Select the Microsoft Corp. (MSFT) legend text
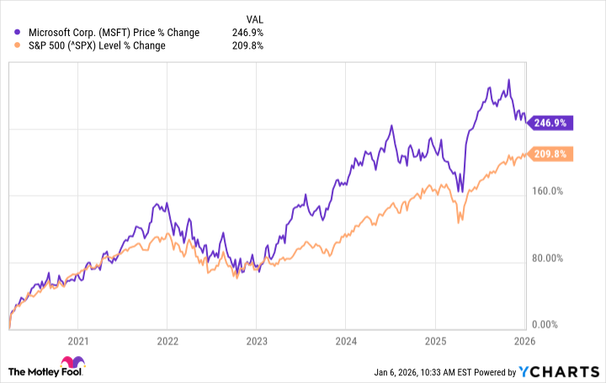[x=113, y=33]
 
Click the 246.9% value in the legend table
[x=250, y=33]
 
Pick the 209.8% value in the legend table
[x=250, y=46]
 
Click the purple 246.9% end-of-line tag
[x=551, y=123]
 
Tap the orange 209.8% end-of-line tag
[x=551, y=154]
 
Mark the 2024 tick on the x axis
[x=345, y=342]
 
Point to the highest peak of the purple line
[x=508, y=80]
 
